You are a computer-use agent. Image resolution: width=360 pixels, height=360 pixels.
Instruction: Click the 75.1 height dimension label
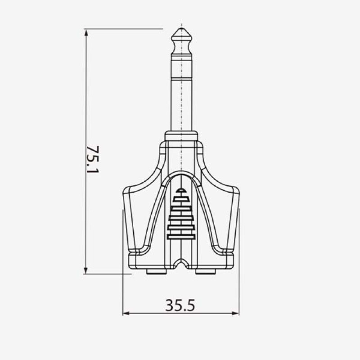click(93, 159)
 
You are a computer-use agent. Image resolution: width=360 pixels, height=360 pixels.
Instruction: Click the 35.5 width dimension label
click(180, 305)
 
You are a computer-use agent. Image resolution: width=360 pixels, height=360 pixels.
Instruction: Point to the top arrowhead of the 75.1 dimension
click(86, 33)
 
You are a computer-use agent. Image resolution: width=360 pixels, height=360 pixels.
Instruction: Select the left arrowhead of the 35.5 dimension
click(127, 313)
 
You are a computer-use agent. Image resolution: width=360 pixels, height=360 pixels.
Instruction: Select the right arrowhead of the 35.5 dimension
click(235, 313)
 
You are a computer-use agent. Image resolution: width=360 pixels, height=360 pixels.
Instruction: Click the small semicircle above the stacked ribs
click(181, 190)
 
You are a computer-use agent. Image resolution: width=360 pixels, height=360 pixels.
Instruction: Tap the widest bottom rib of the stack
click(181, 237)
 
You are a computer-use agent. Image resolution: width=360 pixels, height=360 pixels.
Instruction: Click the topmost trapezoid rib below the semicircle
click(181, 199)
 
